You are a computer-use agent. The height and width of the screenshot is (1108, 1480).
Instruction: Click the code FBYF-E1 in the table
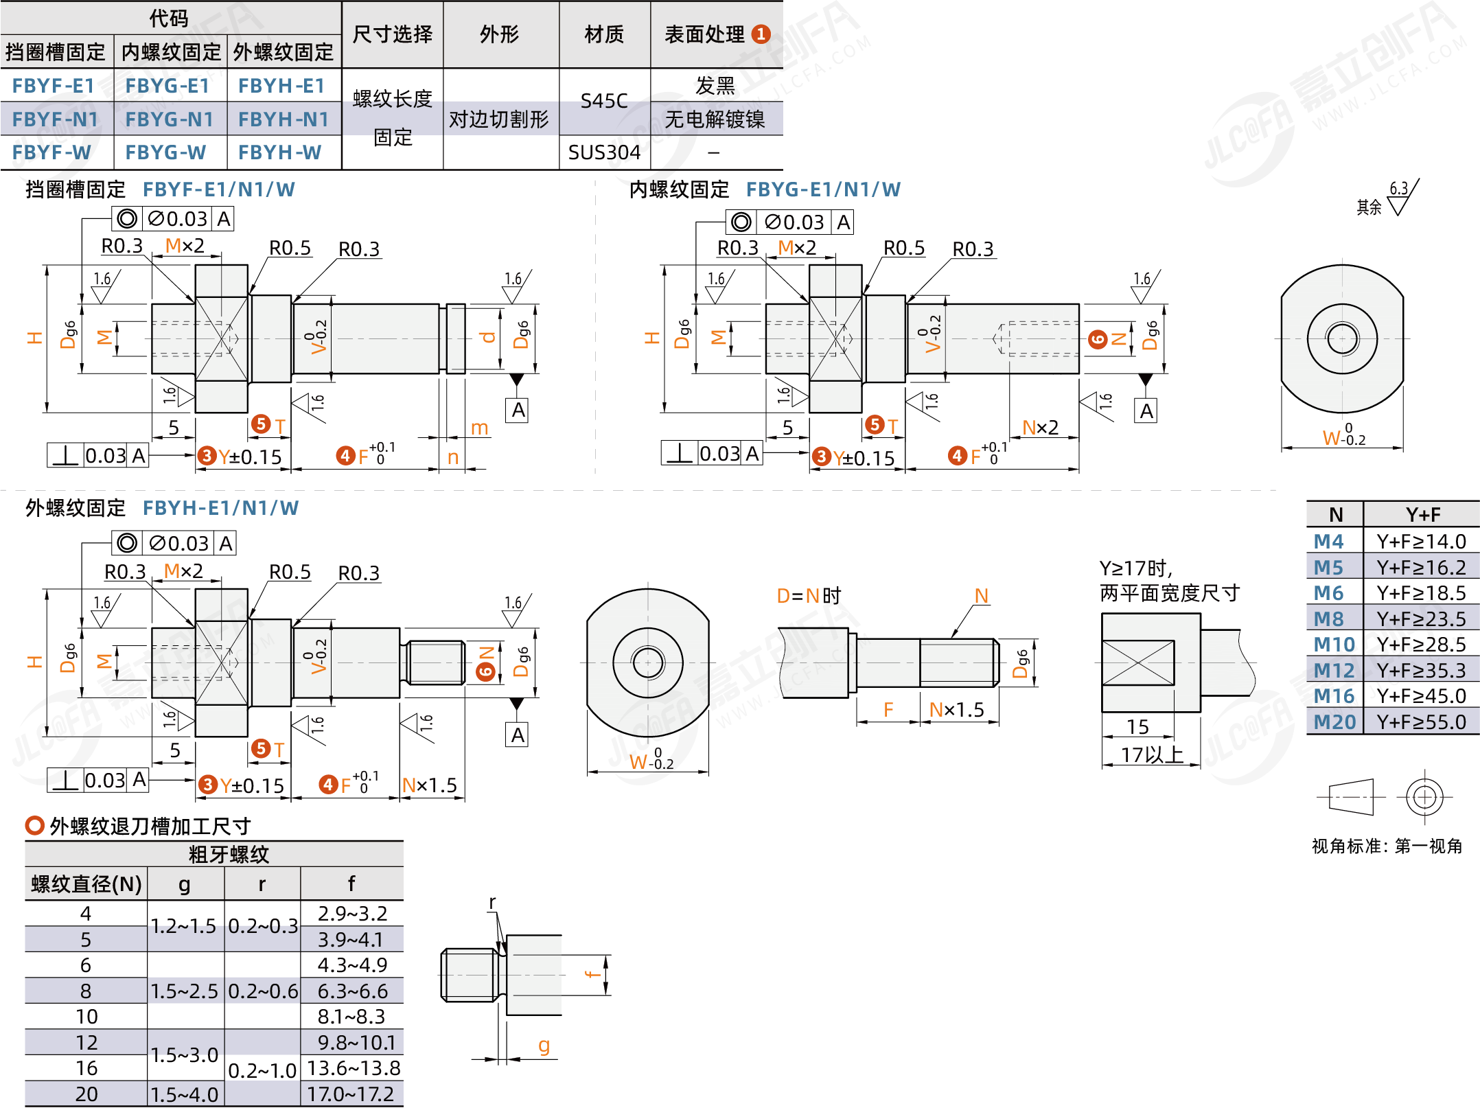(x=54, y=86)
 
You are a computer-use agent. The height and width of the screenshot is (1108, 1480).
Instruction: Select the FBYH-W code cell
(x=279, y=152)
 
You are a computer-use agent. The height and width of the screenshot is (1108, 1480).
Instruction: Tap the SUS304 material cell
(x=604, y=152)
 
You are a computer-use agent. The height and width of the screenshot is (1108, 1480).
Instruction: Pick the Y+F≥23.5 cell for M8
(x=1421, y=619)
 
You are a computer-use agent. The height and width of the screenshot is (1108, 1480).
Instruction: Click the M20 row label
(x=1334, y=722)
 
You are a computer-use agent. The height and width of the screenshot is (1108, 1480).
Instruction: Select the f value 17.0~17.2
(x=351, y=1094)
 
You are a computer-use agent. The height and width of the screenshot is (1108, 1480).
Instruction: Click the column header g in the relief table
(x=184, y=884)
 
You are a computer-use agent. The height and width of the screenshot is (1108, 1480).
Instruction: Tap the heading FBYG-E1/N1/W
(x=823, y=189)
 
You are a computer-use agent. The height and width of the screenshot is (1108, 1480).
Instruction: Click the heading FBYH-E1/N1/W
(x=220, y=508)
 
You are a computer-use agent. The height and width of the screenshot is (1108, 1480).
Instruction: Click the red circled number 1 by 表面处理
(x=761, y=34)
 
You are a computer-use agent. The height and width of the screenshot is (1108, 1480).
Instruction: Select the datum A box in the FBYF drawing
(x=518, y=410)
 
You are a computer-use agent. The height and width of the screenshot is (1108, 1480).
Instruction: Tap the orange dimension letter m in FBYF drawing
(x=479, y=428)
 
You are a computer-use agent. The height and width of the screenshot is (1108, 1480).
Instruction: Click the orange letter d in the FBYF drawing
(x=488, y=337)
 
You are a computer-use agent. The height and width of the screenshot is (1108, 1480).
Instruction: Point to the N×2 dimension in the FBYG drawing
(x=1040, y=428)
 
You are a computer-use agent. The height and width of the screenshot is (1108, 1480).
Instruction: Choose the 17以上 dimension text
(x=1151, y=754)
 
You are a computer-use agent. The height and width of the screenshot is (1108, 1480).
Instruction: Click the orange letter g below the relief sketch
(x=544, y=1046)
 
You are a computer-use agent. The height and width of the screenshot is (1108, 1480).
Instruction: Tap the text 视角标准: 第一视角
(x=1387, y=846)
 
